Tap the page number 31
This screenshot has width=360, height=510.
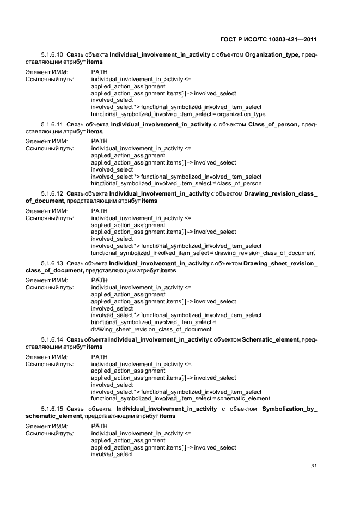(314, 465)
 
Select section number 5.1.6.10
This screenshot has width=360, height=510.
(52, 55)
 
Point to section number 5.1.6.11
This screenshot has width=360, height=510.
(52, 125)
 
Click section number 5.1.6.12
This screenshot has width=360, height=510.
(52, 194)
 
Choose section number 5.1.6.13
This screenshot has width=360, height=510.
(52, 263)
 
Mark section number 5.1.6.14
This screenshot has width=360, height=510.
(52, 339)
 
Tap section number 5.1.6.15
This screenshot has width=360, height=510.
(52, 409)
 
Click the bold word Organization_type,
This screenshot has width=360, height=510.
(272, 55)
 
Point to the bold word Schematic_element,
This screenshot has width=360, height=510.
(271, 339)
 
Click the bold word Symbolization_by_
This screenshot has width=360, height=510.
(289, 409)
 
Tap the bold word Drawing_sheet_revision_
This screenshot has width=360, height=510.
(280, 263)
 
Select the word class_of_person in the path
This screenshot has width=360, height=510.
(240, 184)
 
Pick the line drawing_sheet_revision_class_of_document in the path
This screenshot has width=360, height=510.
(151, 329)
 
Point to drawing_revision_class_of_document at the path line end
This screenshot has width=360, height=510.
(265, 253)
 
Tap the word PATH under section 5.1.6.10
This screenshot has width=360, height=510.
(100, 72)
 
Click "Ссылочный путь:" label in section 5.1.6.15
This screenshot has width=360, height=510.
(50, 433)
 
